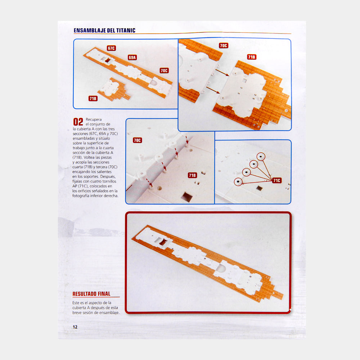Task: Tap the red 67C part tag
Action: (x=111, y=48)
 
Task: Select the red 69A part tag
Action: (x=132, y=57)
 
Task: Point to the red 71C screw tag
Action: (x=276, y=180)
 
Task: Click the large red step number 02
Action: (x=78, y=122)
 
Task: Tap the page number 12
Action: (x=75, y=327)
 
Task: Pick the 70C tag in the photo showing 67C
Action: (x=164, y=71)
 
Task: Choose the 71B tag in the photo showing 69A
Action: (x=93, y=99)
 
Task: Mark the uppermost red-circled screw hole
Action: (x=261, y=157)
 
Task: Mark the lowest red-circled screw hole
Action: (x=238, y=181)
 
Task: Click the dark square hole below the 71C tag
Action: (x=260, y=188)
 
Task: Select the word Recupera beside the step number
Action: (x=94, y=120)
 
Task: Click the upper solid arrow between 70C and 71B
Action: (x=222, y=73)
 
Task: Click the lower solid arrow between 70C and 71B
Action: (x=213, y=90)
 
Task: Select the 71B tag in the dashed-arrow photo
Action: (x=192, y=175)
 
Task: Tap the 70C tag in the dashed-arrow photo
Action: (x=137, y=140)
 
